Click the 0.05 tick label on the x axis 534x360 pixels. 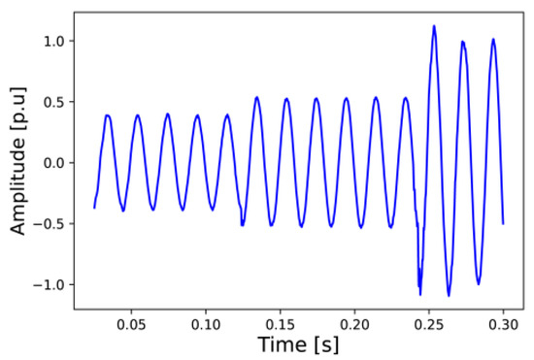130,321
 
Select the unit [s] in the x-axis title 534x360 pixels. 323,344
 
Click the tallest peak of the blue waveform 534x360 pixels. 434,26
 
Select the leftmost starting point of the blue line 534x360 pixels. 94,208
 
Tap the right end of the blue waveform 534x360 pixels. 503,223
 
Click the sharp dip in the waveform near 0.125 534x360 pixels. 242,225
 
